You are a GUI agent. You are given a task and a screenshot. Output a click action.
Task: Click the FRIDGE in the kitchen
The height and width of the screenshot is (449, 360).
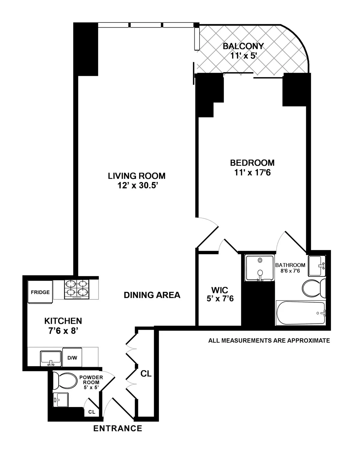[x=40, y=292]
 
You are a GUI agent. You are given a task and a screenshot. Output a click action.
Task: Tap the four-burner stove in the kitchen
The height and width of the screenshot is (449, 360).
[x=77, y=289]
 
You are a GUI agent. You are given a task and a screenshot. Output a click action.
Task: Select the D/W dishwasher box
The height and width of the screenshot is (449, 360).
[x=72, y=357]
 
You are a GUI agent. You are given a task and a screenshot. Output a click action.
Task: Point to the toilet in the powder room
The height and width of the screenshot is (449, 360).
[x=64, y=380]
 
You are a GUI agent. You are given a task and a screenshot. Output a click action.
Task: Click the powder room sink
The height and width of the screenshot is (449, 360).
[x=61, y=400]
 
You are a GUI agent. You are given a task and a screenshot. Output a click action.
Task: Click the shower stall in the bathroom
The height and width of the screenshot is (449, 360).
[x=260, y=268]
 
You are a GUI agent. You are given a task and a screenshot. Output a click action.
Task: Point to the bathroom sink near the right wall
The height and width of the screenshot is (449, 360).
[x=317, y=265]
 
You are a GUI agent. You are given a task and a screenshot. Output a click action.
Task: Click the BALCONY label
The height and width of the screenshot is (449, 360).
[x=243, y=46]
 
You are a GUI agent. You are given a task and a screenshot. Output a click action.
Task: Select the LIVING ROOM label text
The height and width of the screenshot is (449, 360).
[x=136, y=176]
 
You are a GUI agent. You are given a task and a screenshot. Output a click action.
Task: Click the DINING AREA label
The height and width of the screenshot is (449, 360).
[x=152, y=295]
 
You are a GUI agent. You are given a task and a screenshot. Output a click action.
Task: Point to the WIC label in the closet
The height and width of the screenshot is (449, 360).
[x=220, y=290]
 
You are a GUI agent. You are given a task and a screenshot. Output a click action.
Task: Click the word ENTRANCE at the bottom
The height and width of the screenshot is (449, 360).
[x=118, y=428]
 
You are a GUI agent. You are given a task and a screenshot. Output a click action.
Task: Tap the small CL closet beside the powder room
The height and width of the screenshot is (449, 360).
[x=91, y=412]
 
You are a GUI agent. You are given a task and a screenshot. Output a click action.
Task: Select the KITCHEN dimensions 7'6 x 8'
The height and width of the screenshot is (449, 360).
[x=63, y=331]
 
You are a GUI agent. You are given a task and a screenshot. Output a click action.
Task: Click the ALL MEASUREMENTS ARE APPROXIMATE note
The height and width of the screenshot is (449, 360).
[x=269, y=340]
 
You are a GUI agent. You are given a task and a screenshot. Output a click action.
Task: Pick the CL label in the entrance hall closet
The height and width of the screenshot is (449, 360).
[x=146, y=374]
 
